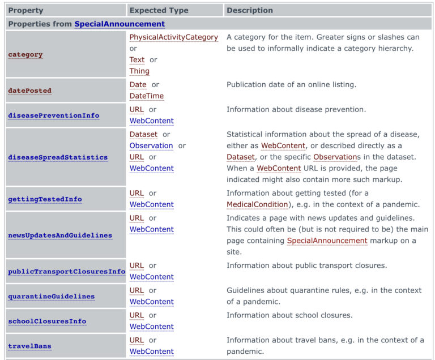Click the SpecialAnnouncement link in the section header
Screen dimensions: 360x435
pyautogui.click(x=120, y=24)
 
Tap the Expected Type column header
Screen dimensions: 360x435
pyautogui.click(x=160, y=10)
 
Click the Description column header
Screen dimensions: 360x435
pyautogui.click(x=250, y=10)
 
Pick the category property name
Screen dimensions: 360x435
pyautogui.click(x=25, y=54)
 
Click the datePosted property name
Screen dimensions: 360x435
pyautogui.click(x=29, y=91)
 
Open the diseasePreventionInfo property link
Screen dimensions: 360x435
pyautogui.click(x=53, y=115)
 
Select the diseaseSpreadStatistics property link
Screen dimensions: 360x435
pyautogui.click(x=58, y=157)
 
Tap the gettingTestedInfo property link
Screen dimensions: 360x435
pyautogui.click(x=45, y=199)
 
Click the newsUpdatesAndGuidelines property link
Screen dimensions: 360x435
pyautogui.click(x=60, y=235)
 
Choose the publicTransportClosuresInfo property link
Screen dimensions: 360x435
pyautogui.click(x=66, y=272)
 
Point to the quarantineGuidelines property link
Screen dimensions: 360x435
pyautogui.click(x=51, y=297)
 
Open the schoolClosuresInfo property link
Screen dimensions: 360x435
pyautogui.click(x=47, y=322)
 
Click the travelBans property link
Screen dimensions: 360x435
pyautogui.click(x=29, y=346)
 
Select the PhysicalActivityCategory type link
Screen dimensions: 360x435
pyautogui.click(x=173, y=37)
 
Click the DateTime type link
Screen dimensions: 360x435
pyautogui.click(x=146, y=96)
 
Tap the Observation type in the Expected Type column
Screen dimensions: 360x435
pyautogui.click(x=151, y=145)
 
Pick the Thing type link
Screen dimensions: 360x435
pyautogui.click(x=139, y=71)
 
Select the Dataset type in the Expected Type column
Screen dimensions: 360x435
pyautogui.click(x=143, y=134)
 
